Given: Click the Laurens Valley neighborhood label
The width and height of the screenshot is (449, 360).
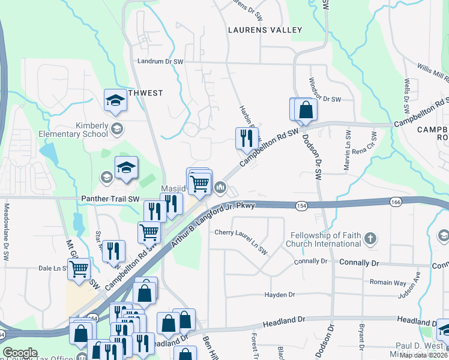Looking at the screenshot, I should (264, 29).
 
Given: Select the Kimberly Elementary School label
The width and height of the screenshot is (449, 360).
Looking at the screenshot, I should (79, 129).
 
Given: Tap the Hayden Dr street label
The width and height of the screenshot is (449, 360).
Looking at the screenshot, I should (280, 295).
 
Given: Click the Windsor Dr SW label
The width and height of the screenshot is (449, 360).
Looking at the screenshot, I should (325, 98).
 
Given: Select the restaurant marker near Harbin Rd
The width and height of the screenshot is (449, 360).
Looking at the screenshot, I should (246, 139).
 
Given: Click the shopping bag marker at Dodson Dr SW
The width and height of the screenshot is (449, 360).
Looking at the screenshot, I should (306, 110).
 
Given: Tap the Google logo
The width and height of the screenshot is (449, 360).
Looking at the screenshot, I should (20, 353).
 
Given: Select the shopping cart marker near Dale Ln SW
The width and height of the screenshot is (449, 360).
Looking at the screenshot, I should (79, 269).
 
